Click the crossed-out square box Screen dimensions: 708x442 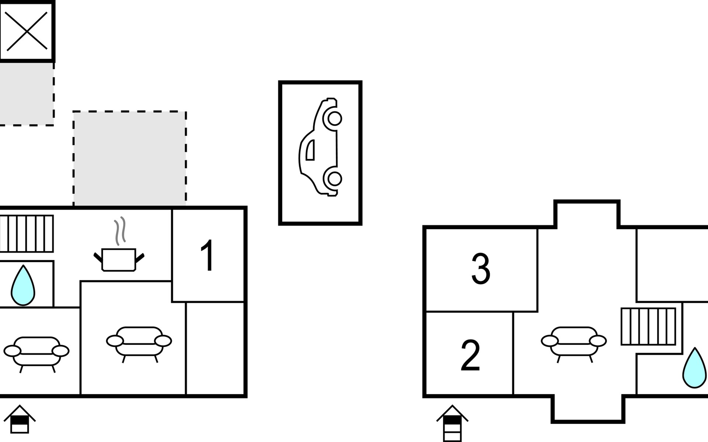tap(27, 31)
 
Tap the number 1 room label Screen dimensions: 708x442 tap(207, 255)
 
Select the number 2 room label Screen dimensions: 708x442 tap(470, 355)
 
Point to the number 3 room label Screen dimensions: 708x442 tap(481, 269)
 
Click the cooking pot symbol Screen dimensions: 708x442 tap(119, 260)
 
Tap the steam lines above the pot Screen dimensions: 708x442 tap(120, 231)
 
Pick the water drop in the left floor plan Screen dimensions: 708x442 tap(23, 285)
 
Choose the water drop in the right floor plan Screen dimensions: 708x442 tap(694, 368)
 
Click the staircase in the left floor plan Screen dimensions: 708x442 tap(27, 234)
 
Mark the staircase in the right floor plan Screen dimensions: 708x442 tap(649, 326)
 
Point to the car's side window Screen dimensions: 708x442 tap(310, 150)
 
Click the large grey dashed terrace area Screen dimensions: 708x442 tap(129, 158)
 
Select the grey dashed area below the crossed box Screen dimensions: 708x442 tap(27, 94)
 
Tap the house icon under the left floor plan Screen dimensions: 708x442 tap(20, 420)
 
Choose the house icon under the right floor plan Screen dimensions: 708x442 tap(452, 423)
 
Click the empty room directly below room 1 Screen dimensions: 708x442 tap(215, 348)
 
